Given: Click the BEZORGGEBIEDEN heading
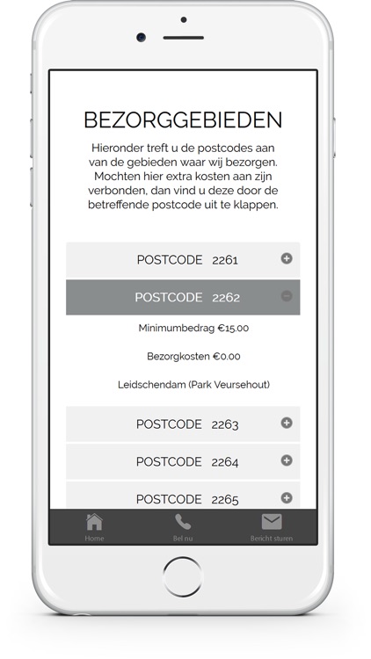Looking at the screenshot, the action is click(x=183, y=120).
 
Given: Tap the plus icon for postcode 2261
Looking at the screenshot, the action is click(x=287, y=258).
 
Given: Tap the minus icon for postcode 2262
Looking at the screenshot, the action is click(x=287, y=297).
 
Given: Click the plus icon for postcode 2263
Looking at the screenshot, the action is click(x=287, y=423).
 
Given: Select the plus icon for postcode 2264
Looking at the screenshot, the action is click(x=287, y=460).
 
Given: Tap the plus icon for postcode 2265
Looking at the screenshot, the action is click(x=287, y=497).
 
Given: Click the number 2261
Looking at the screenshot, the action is click(x=225, y=260).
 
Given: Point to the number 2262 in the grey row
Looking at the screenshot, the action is click(x=225, y=298).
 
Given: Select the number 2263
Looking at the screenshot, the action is click(x=225, y=424).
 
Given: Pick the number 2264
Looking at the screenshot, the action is click(x=225, y=462).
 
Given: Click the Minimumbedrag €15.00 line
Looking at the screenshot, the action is click(x=193, y=329).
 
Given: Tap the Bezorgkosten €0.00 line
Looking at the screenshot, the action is click(x=193, y=357).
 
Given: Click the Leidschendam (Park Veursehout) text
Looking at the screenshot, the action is click(x=193, y=385).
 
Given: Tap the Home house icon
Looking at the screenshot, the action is click(x=94, y=522).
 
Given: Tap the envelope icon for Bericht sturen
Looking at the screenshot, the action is click(x=272, y=522).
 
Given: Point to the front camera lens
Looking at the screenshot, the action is click(x=141, y=38).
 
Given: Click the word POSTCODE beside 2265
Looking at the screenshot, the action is click(x=169, y=499).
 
